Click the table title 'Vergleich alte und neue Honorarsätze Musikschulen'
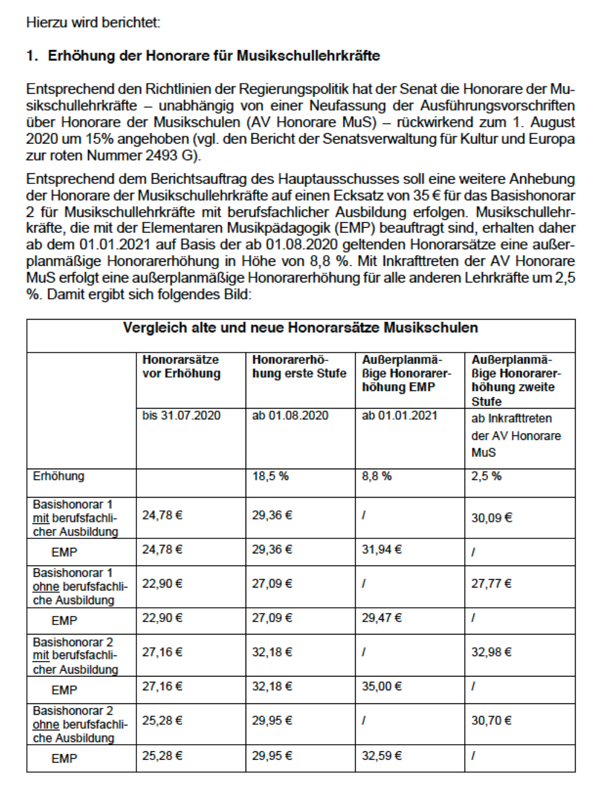(x=300, y=327)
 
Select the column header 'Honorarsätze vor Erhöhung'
(x=182, y=367)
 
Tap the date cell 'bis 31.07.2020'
(x=181, y=415)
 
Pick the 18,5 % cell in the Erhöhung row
(x=270, y=476)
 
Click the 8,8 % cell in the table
(x=376, y=476)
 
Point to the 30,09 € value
(x=492, y=518)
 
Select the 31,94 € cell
(x=382, y=549)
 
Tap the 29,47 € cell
(x=382, y=618)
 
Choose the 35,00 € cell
(x=382, y=686)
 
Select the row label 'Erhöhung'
(x=58, y=476)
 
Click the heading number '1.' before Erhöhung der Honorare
(x=32, y=56)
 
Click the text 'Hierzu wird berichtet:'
(x=93, y=22)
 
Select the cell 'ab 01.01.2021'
(x=399, y=415)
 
